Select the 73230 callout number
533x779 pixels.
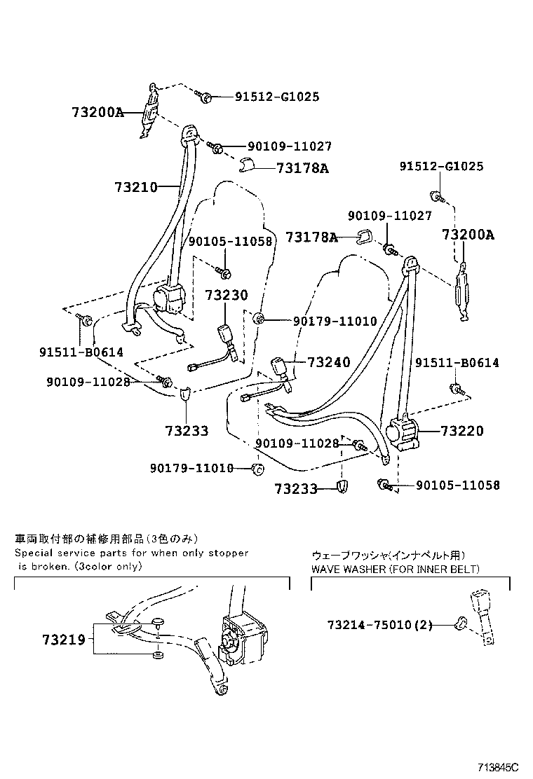point(227,296)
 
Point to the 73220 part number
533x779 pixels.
point(462,431)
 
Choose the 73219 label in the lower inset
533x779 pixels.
point(63,639)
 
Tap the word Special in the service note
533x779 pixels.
point(35,553)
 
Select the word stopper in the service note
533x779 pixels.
point(227,553)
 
